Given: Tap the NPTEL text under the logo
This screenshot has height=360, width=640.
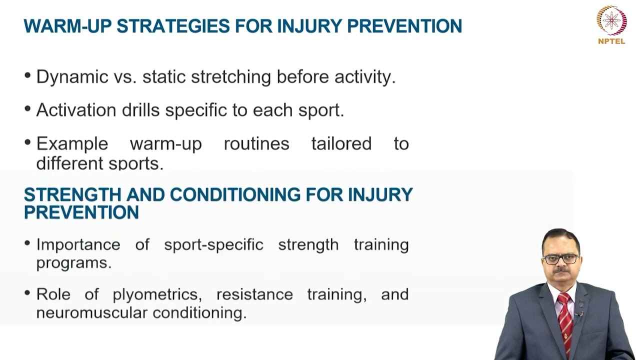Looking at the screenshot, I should pos(611,41).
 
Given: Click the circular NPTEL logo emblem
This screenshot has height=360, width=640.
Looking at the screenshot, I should pos(611,20).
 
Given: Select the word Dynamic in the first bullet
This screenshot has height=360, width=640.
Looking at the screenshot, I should pos(65,77).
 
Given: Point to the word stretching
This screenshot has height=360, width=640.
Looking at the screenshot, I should pos(231,77).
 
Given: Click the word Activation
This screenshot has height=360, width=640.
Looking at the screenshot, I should pos(76,110).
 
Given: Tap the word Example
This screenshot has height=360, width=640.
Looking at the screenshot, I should pos(72,144).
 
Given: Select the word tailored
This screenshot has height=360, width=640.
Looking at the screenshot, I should pos(341,144).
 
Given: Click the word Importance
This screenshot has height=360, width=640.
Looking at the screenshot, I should pos(78,244).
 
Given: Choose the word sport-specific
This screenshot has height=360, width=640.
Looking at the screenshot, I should pos(213,244).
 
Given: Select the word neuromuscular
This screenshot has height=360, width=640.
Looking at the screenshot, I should pos(92,313).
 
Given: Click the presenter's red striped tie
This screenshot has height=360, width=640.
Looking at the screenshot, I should pos(565,320).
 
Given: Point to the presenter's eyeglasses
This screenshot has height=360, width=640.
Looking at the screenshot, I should pos(561,259).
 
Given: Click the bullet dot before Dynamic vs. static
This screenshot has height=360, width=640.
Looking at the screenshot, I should pos(27,75).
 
